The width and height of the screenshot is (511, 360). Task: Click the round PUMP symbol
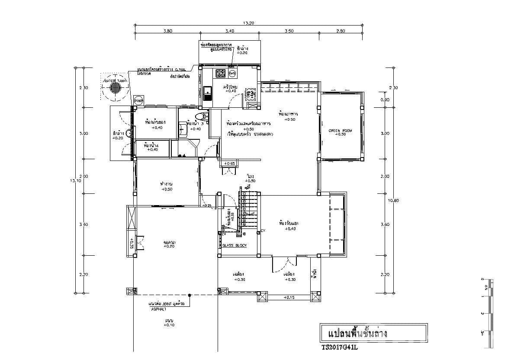pyautogui.click(x=138, y=100)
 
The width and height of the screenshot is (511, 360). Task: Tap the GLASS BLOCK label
pyautogui.click(x=234, y=245)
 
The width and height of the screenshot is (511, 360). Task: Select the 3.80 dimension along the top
pyautogui.click(x=168, y=31)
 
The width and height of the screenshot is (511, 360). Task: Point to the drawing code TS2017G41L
pyautogui.click(x=339, y=347)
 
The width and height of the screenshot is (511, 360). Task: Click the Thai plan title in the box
pyautogui.click(x=357, y=334)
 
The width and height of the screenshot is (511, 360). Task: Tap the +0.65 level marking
pyautogui.click(x=229, y=164)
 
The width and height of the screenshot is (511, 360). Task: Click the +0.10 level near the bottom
pyautogui.click(x=169, y=325)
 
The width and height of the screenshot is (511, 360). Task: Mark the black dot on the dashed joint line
pyautogui.click(x=190, y=295)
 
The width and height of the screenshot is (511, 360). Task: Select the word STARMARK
pyautogui.click(x=264, y=135)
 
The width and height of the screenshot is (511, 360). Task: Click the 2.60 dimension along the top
pyautogui.click(x=341, y=31)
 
